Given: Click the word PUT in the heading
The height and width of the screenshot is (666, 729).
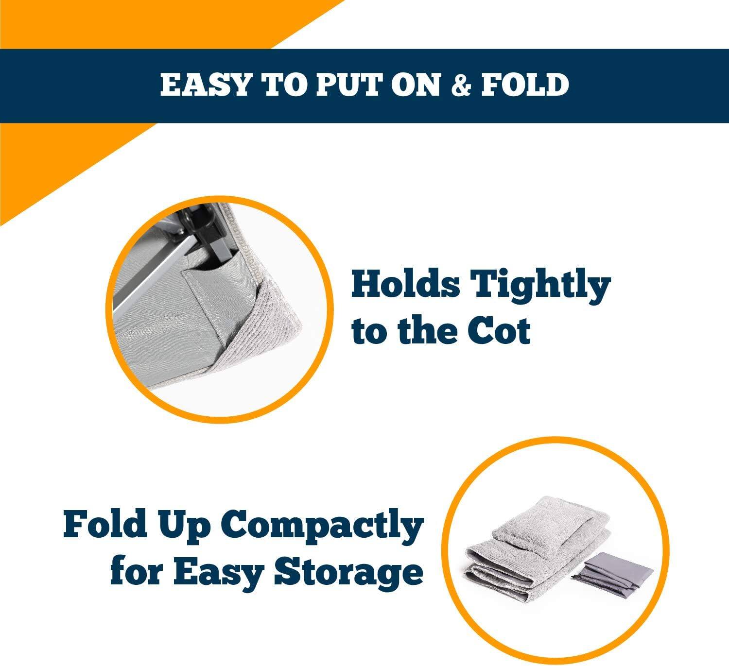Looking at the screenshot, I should point(345,85).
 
